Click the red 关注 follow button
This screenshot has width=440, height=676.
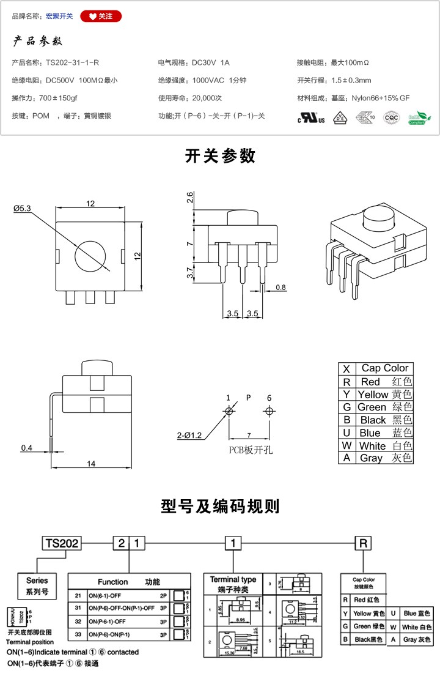(101, 17)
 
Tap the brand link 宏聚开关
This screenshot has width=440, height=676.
(59, 17)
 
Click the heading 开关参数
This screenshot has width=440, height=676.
(220, 157)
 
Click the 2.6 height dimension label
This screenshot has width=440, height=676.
(190, 197)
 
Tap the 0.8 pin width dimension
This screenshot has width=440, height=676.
(280, 287)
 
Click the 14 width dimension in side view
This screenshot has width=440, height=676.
(91, 464)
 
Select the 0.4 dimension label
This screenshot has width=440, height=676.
(26, 448)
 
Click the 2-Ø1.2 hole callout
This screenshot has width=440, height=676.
(189, 436)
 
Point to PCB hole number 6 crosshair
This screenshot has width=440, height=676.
(269, 412)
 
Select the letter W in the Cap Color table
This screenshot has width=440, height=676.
(346, 445)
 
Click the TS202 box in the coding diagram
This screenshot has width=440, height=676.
(62, 543)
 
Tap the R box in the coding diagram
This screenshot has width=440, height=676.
(363, 543)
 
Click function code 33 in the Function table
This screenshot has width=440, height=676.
(78, 635)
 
